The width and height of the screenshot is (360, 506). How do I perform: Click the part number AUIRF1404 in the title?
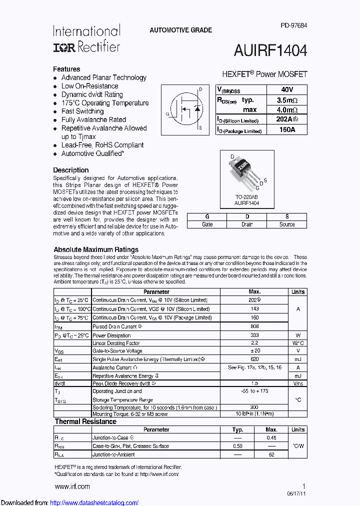pos(270,50)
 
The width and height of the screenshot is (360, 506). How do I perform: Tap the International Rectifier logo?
pos(86,39)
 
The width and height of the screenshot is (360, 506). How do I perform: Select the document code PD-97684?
pos(293,25)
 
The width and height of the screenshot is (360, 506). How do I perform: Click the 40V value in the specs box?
pos(287,90)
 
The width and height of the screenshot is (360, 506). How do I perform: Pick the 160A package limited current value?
pos(287,130)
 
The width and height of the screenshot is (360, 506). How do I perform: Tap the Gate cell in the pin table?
pos(207,224)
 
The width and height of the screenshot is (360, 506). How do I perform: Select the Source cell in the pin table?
pos(287,224)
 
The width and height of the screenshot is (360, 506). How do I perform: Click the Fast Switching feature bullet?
pos(82,111)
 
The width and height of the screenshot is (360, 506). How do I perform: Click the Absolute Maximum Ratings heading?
pos(96,249)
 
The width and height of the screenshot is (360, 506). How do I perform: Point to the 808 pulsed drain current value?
pos(254,326)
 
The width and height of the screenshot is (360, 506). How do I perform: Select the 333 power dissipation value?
pos(254,335)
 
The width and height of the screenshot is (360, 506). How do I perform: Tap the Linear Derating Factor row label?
pos(116,343)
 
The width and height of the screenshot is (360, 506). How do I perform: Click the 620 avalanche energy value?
pos(254,359)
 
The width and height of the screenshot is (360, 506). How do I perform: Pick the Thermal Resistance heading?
pos(85,421)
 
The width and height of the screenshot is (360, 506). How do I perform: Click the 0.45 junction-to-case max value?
pos(271,438)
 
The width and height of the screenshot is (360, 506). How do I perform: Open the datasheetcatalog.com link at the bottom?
pos(94,503)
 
